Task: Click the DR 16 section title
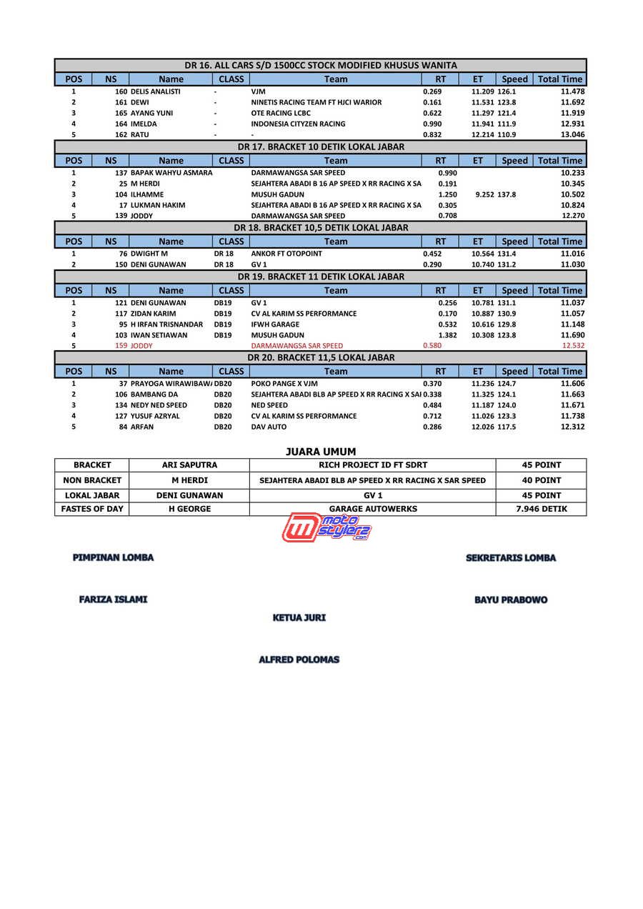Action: [321, 65]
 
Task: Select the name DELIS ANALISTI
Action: [155, 91]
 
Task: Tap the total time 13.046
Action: [572, 134]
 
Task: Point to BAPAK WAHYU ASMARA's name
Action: [171, 173]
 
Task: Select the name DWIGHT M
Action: [149, 254]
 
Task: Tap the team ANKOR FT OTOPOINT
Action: [286, 254]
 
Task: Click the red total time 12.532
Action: [573, 346]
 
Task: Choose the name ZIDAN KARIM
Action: [153, 314]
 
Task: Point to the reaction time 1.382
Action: [447, 335]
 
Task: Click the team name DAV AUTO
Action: [269, 427]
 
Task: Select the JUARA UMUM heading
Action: [321, 452]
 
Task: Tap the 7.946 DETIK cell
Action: [541, 509]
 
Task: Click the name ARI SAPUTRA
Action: [189, 465]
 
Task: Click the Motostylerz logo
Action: [327, 527]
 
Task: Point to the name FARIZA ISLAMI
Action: [113, 600]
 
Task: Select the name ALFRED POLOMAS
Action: [299, 660]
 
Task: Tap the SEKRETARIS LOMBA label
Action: [511, 558]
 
